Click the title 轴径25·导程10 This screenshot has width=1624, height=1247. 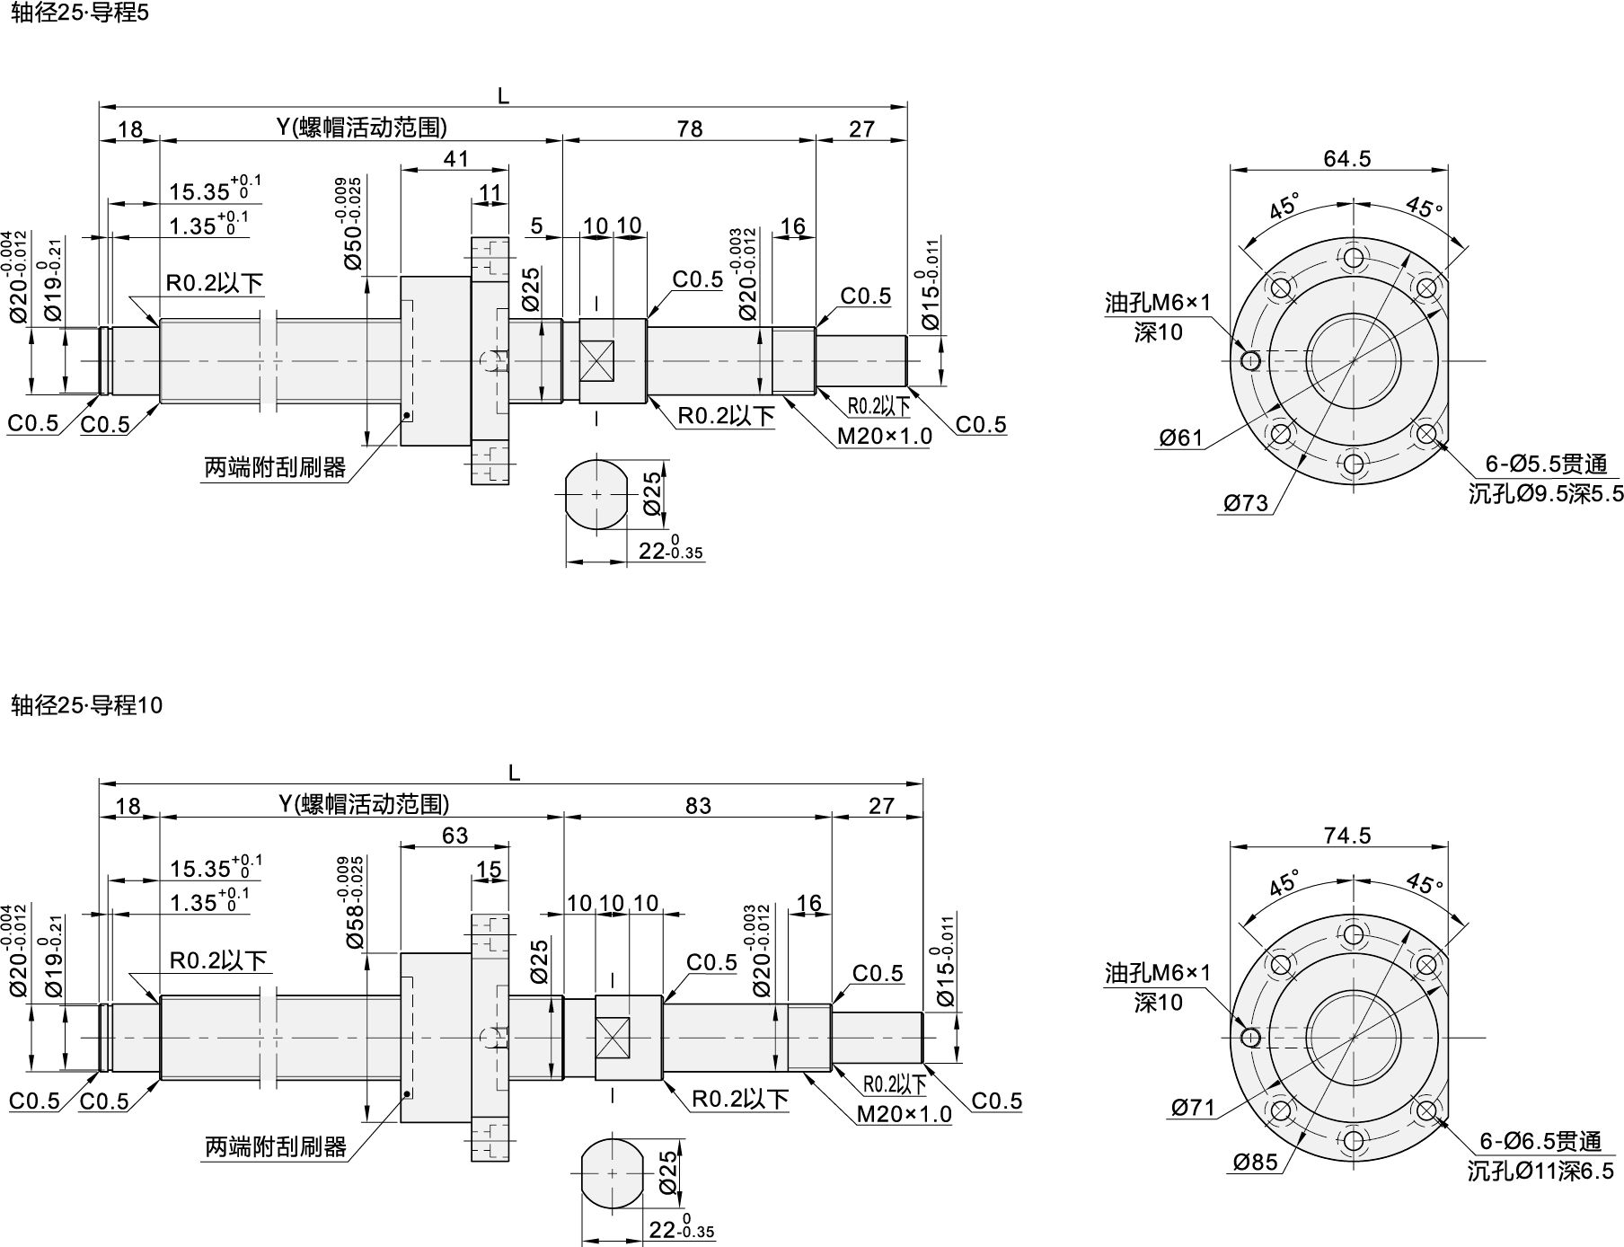(x=86, y=705)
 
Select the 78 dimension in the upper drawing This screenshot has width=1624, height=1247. (x=689, y=128)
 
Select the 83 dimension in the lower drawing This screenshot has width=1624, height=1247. (x=698, y=805)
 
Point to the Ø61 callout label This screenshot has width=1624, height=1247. (x=1180, y=438)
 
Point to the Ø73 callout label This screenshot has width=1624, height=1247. (x=1246, y=503)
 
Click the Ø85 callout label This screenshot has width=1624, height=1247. (x=1255, y=1162)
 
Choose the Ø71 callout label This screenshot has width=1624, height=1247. (x=1193, y=1108)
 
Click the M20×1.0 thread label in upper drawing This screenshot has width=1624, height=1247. (x=884, y=437)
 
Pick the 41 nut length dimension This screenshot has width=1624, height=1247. (x=455, y=158)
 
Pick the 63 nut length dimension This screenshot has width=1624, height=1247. (x=455, y=835)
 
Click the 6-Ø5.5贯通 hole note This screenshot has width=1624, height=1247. (x=1545, y=464)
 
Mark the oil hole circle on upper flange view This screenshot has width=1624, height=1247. (x=1249, y=361)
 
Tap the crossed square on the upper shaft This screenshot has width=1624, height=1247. (x=596, y=361)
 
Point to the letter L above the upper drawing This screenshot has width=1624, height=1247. (x=503, y=95)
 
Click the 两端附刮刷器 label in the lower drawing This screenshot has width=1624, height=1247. (x=275, y=1146)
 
